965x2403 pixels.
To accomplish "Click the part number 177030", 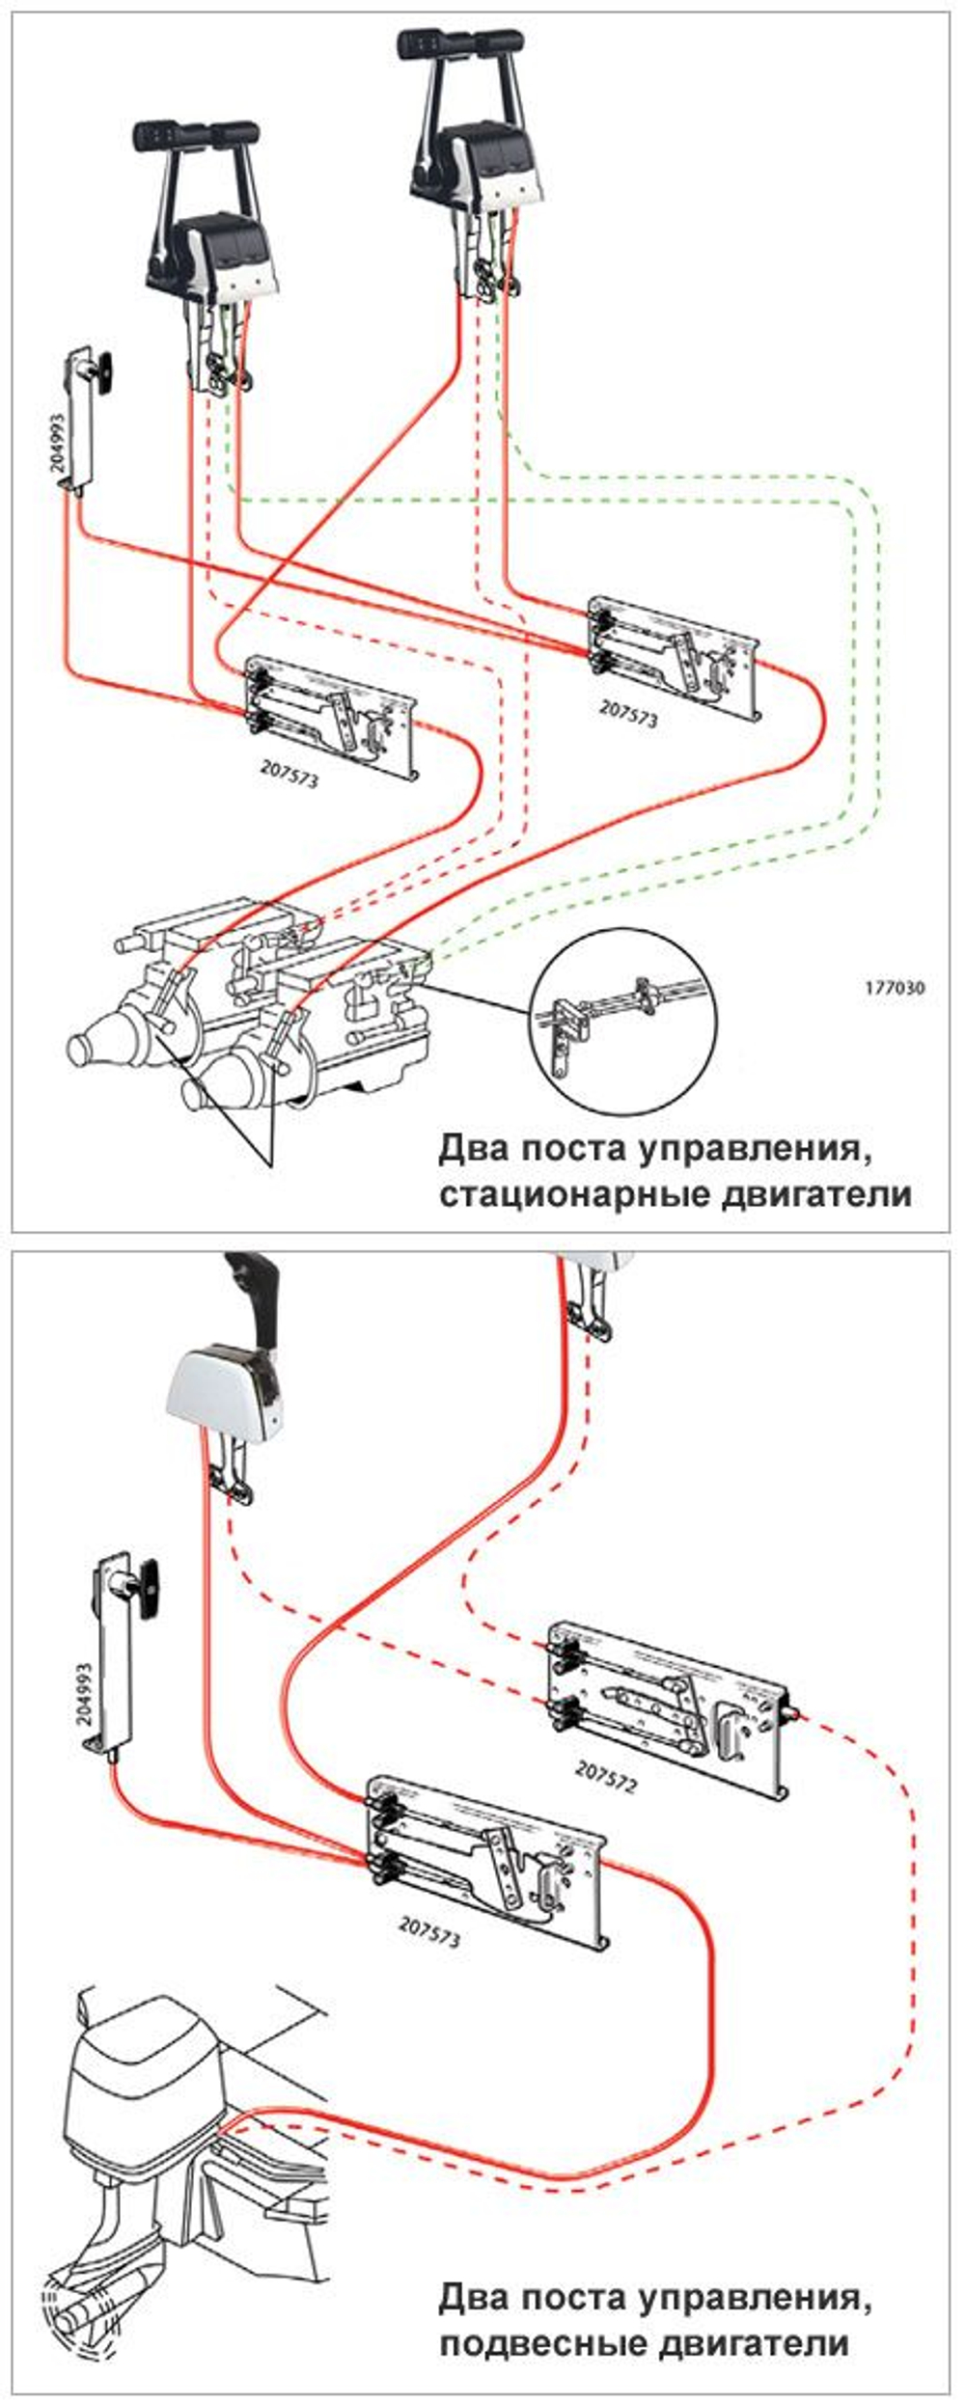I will coord(894,988).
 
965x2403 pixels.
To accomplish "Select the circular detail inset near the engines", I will coord(623,1024).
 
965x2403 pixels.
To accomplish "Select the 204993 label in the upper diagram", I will coord(59,443).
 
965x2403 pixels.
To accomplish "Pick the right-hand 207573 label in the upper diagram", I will coord(628,714).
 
